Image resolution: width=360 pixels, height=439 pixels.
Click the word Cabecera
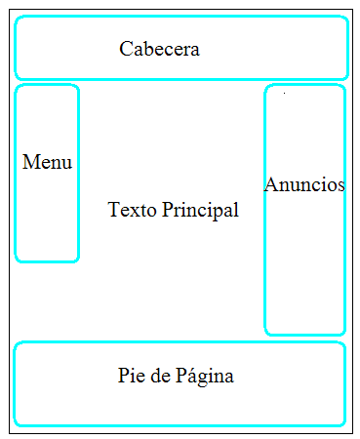pos(159,49)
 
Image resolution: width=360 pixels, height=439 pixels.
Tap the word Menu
pos(47,163)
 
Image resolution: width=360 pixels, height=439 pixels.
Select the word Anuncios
pos(304,184)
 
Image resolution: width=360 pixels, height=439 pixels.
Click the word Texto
pos(132,210)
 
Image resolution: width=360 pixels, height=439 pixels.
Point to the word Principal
pos(200,210)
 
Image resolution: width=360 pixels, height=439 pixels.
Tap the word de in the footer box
pos(160,376)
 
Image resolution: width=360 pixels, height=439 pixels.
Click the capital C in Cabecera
pos(126,49)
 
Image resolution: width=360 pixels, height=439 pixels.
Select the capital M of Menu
pos(29,163)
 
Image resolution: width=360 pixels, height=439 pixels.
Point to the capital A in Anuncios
pos(270,184)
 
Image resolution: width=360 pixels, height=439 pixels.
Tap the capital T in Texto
pos(113,210)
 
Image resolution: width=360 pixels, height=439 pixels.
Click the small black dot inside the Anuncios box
pos(284,94)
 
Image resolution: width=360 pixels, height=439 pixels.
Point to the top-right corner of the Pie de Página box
pos(342,344)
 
